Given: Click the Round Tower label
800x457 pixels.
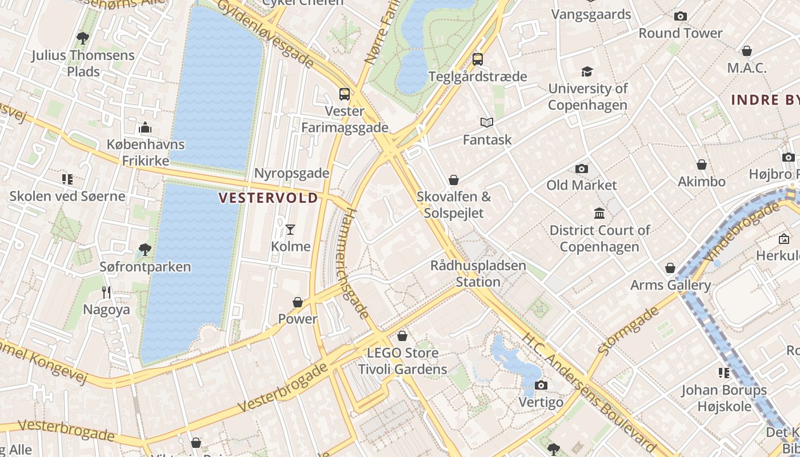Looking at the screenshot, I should [680, 33].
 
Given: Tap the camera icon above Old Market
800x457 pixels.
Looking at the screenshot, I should [582, 169].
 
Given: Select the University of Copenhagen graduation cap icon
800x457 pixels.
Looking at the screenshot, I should [587, 71].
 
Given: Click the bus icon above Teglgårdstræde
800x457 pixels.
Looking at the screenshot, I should [477, 59].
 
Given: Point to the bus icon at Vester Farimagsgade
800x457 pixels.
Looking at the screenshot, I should [344, 94].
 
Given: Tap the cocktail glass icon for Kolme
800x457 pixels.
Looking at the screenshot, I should [290, 230].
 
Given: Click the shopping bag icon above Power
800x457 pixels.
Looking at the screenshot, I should [297, 302].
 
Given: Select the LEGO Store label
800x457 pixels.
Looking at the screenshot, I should [402, 352].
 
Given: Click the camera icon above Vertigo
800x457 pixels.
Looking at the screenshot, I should [541, 385].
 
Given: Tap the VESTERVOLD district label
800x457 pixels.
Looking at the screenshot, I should [269, 198].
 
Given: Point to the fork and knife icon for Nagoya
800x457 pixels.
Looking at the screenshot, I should [106, 292].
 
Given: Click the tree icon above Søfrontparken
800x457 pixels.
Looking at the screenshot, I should [145, 249].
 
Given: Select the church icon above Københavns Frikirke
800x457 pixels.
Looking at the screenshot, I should [145, 127].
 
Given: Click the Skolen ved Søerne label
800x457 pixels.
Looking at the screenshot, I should [67, 197].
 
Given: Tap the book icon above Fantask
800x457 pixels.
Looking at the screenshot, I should [486, 122].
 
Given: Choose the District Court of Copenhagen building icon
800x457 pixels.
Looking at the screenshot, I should [599, 213].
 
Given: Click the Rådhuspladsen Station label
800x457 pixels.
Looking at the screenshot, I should [478, 274].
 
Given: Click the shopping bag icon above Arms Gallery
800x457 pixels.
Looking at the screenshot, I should [670, 268].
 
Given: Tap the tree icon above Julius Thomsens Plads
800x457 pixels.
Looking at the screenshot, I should [82, 38].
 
